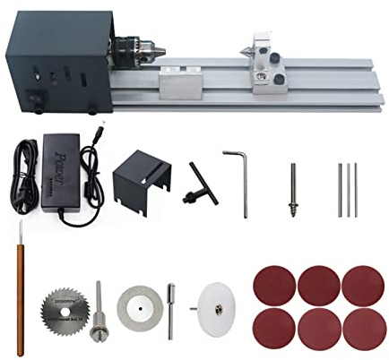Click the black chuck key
pos(199,178)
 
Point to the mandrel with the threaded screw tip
pos(294,189)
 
